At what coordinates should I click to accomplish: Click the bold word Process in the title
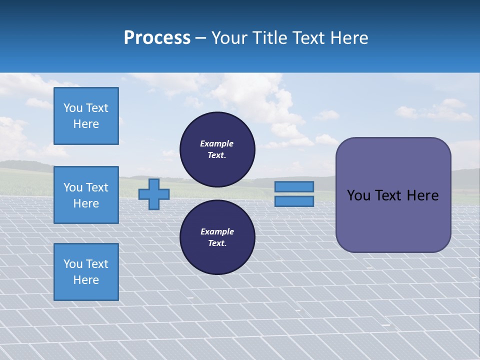(157, 38)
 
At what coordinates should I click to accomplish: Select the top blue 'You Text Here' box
(86, 116)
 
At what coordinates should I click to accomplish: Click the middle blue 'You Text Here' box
(86, 195)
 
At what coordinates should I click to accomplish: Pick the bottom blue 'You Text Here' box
(86, 272)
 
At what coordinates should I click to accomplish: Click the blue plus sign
(153, 194)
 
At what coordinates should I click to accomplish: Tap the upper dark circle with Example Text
(217, 149)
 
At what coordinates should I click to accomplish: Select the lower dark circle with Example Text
(217, 237)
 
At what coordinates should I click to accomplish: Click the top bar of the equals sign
(294, 186)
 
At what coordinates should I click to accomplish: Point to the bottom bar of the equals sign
(294, 201)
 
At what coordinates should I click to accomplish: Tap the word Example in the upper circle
(217, 143)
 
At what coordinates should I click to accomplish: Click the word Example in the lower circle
(217, 231)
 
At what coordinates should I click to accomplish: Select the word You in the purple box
(358, 195)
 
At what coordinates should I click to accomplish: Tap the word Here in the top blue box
(86, 124)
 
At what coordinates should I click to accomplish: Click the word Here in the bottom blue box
(86, 280)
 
